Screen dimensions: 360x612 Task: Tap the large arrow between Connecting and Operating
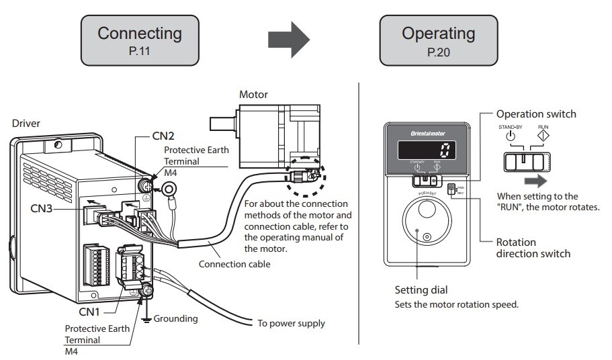pos(289,40)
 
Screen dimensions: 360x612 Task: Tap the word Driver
pos(26,124)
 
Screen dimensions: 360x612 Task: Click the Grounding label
pos(176,318)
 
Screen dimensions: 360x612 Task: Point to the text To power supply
pos(292,324)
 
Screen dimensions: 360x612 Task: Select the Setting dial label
pos(422,290)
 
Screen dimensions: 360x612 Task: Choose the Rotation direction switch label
pos(533,248)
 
